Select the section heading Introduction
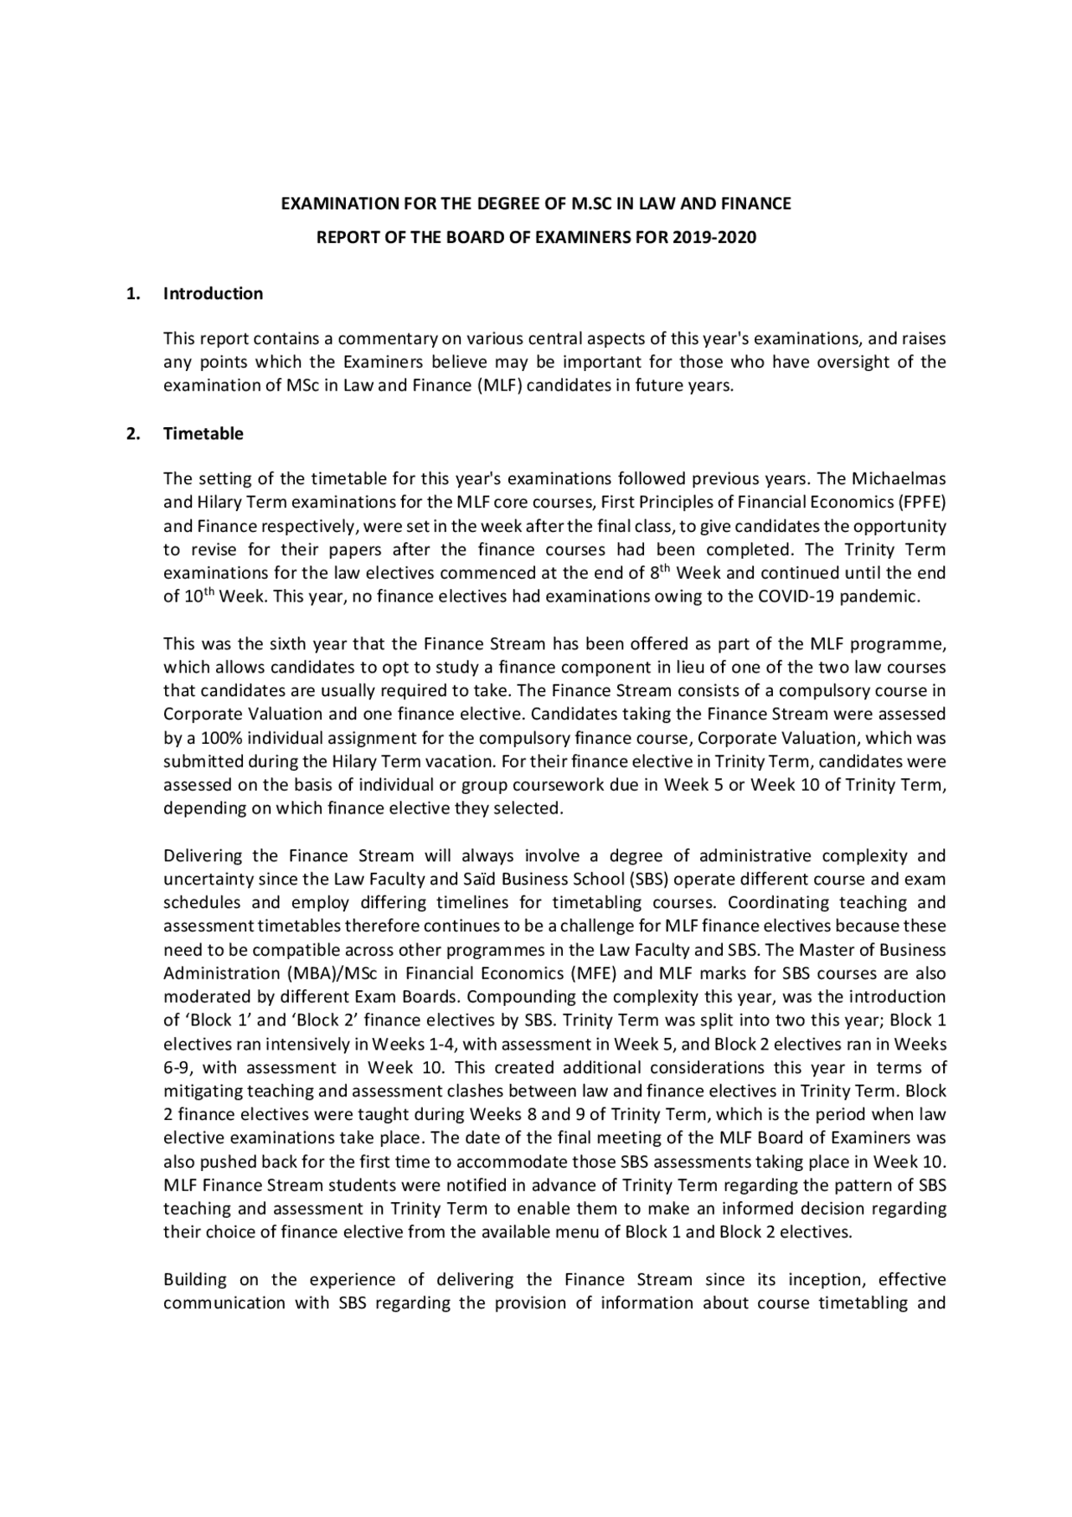point(213,293)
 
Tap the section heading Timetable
point(203,433)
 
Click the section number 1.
point(131,293)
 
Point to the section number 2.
point(131,433)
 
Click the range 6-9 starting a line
point(177,1068)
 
